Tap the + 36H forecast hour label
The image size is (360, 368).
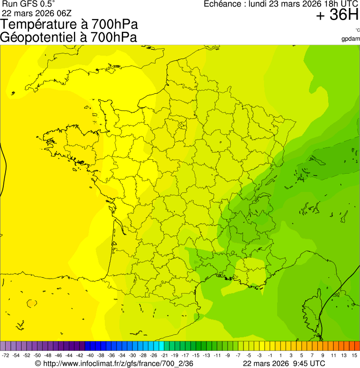(337, 15)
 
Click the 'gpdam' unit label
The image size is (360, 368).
(351, 38)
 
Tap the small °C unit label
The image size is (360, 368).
(357, 30)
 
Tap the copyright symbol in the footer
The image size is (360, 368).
(38, 363)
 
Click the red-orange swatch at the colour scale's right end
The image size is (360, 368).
(357, 346)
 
